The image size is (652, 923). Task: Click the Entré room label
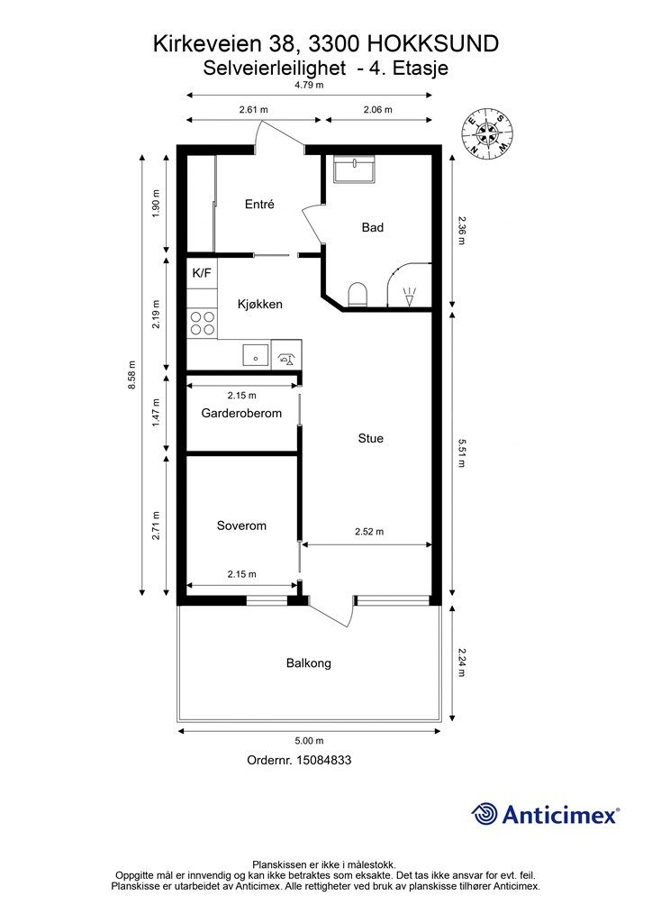click(x=259, y=205)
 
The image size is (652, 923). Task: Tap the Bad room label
click(x=373, y=227)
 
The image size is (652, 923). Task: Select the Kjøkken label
click(x=260, y=304)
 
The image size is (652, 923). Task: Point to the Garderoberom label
click(x=241, y=413)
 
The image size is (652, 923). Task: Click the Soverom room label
click(x=241, y=525)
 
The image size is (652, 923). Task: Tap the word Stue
click(x=370, y=439)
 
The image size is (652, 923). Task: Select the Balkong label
click(x=309, y=663)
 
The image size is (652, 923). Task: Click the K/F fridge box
click(x=202, y=273)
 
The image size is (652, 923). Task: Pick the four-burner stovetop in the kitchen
click(x=202, y=324)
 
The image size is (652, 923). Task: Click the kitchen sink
click(x=256, y=355)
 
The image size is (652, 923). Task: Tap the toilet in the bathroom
click(x=358, y=295)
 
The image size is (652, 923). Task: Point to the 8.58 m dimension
click(x=133, y=374)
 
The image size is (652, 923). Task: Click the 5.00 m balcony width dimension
click(x=309, y=741)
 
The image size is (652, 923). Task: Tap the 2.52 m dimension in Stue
click(x=369, y=532)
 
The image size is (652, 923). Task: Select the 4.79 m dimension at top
click(x=309, y=85)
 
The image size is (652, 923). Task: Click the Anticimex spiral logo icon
click(x=484, y=814)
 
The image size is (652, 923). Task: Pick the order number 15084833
click(x=324, y=760)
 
